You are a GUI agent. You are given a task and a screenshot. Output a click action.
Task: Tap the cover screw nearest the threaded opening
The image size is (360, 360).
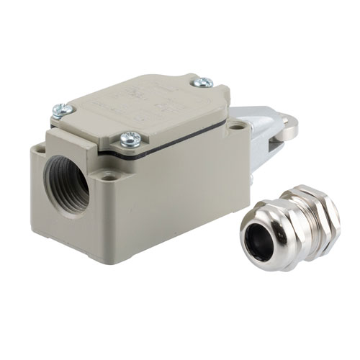(x=63, y=109)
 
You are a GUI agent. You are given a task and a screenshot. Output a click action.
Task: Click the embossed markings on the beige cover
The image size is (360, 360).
(x=144, y=104)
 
